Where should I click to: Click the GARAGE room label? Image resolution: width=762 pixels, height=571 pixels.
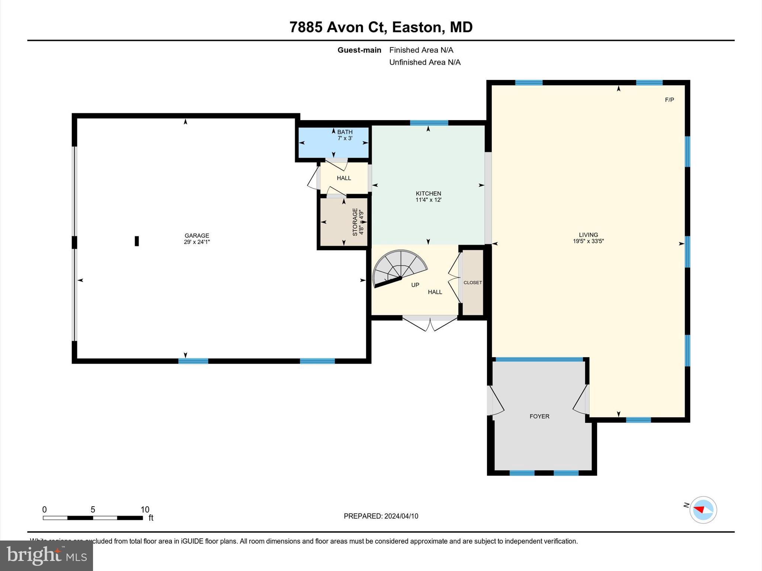pos(197,235)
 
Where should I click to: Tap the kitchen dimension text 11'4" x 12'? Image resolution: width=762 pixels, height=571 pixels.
pos(428,200)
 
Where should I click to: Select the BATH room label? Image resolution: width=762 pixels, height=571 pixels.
pos(345,132)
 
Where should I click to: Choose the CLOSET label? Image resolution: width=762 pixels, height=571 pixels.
pos(473,283)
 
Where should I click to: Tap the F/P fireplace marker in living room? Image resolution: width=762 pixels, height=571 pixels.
pos(669,100)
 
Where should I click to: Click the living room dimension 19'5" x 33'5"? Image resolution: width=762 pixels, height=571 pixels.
pos(588,241)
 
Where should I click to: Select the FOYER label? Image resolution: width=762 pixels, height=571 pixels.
pos(539,416)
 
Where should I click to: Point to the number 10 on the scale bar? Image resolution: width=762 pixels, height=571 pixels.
pos(145,510)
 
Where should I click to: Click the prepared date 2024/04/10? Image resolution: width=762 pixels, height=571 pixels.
pos(401,516)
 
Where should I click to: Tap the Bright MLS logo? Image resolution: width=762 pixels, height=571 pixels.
pos(47,555)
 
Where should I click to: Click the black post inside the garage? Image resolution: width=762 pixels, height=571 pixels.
pos(137,241)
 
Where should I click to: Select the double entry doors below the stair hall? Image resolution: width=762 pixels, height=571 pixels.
pos(430,323)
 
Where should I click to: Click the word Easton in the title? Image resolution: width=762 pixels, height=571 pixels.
pos(417,27)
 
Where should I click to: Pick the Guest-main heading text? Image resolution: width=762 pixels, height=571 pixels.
pos(359,50)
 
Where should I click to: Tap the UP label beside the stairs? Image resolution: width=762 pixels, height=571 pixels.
pos(415,285)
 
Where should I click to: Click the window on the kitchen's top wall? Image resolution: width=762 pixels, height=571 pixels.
pos(429,123)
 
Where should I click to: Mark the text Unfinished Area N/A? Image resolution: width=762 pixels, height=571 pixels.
pos(425,62)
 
